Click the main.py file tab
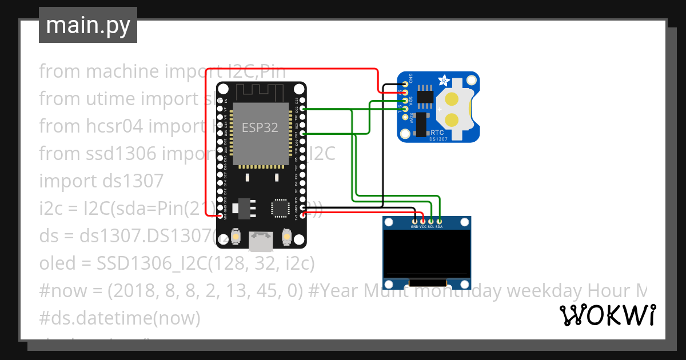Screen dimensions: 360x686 (87, 25)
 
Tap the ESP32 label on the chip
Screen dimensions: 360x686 (260, 127)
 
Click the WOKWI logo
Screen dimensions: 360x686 (607, 315)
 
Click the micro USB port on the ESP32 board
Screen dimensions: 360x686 (261, 242)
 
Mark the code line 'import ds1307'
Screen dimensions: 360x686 (101, 181)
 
